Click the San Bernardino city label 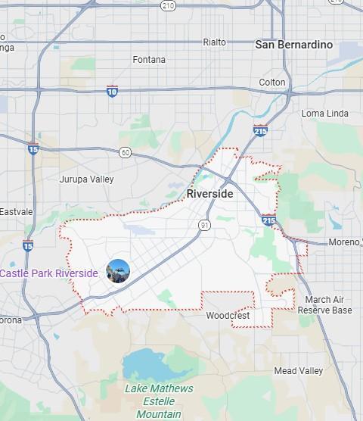pos(293,45)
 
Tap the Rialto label pos(214,42)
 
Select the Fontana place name pos(149,60)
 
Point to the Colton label pos(272,82)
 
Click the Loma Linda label pos(325,114)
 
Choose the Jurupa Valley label pos(86,179)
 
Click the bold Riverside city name pos(209,194)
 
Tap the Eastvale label pos(16,211)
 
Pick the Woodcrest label pos(227,315)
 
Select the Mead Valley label pos(298,371)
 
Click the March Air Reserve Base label pos(324,305)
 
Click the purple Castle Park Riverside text pos(49,273)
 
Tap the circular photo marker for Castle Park pos(118,270)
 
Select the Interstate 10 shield pos(113,92)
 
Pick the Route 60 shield pos(125,152)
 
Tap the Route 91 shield pos(205,225)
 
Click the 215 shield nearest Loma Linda pos(260,130)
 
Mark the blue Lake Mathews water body pos(155,366)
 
